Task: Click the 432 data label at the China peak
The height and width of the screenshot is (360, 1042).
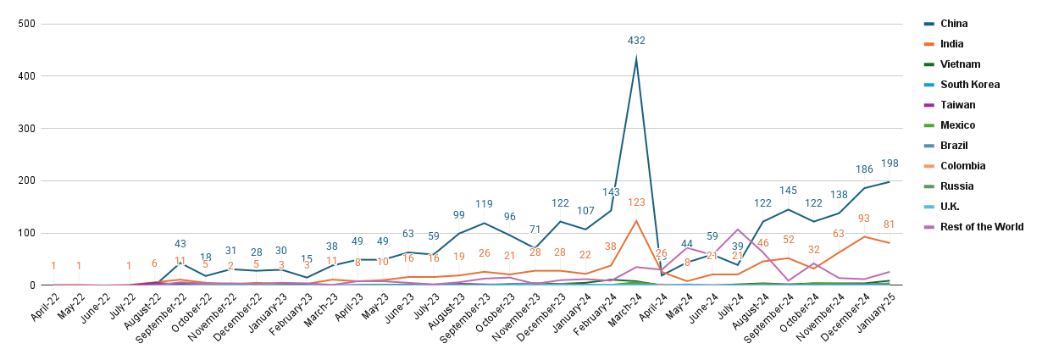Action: (x=636, y=41)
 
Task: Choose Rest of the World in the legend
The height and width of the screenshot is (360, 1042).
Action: (x=982, y=227)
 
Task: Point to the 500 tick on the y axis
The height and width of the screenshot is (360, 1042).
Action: (x=26, y=24)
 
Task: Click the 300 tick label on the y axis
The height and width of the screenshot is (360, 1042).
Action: (x=26, y=129)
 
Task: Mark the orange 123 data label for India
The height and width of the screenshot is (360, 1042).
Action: (x=636, y=202)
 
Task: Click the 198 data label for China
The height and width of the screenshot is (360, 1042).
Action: (x=890, y=163)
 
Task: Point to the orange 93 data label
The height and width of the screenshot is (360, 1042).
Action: (x=864, y=219)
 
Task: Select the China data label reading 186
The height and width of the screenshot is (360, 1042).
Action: (x=864, y=169)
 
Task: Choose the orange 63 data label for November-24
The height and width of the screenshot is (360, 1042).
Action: (x=839, y=234)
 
